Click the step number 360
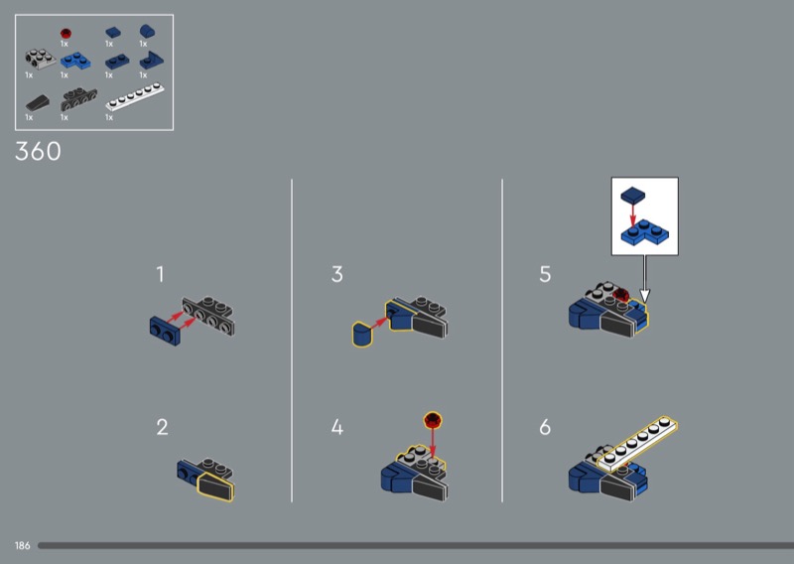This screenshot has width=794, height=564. click(x=38, y=151)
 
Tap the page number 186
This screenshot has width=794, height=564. click(x=22, y=546)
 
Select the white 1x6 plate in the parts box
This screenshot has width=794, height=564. click(x=135, y=96)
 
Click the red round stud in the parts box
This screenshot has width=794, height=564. click(x=66, y=34)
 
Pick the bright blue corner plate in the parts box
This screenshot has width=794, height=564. click(x=75, y=61)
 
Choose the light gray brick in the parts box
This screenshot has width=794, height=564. click(x=41, y=59)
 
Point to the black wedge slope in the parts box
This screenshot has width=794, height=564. click(x=38, y=103)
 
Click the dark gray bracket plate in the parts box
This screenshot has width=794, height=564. click(x=78, y=99)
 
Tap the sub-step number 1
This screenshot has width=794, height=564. click(x=160, y=274)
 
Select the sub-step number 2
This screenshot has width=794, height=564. click(x=162, y=427)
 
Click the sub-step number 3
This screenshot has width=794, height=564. click(x=337, y=274)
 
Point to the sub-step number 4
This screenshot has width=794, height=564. click(x=337, y=427)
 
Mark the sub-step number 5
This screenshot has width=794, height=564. click(x=545, y=274)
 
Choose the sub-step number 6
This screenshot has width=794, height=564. click(x=545, y=427)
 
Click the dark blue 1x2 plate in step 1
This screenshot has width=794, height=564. click(x=165, y=331)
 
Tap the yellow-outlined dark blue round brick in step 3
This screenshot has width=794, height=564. click(x=362, y=334)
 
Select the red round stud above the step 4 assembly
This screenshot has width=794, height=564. click(x=433, y=420)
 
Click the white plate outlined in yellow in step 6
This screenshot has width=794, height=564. click(x=637, y=444)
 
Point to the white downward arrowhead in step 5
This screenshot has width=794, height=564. click(x=644, y=296)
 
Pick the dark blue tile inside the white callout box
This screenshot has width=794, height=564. click(x=633, y=195)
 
